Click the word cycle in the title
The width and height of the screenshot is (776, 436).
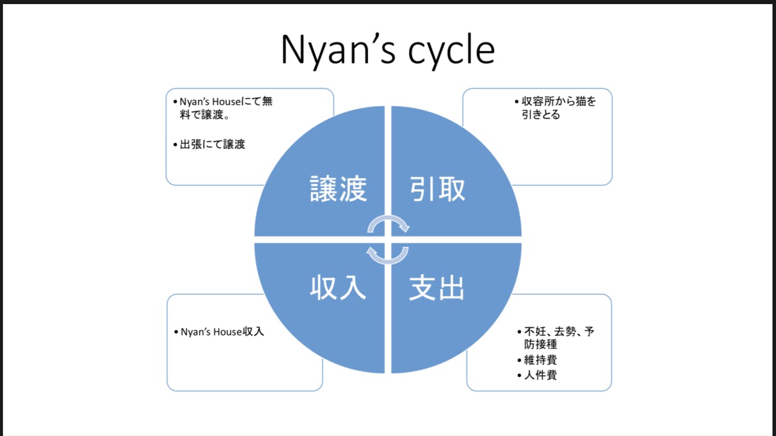[451, 50]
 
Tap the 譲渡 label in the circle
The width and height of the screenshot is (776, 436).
[338, 188]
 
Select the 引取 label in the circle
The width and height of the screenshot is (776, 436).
[437, 188]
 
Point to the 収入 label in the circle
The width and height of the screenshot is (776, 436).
[338, 287]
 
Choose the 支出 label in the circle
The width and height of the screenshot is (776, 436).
[437, 287]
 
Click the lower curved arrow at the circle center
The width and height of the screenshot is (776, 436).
[387, 255]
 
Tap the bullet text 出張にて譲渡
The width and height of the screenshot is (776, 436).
[212, 144]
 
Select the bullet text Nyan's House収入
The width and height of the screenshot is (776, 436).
[222, 332]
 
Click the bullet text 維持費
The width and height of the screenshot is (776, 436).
[540, 360]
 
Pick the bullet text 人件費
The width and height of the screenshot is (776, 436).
[540, 375]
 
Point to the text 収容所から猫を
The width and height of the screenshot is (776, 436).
[559, 101]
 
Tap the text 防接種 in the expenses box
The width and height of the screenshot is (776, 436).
[541, 345]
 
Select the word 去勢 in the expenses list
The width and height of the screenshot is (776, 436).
[564, 332]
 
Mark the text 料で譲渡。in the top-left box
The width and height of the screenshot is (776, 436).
[204, 115]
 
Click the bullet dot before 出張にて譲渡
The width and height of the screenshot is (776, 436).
[175, 145]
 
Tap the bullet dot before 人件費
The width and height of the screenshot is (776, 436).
[519, 376]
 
